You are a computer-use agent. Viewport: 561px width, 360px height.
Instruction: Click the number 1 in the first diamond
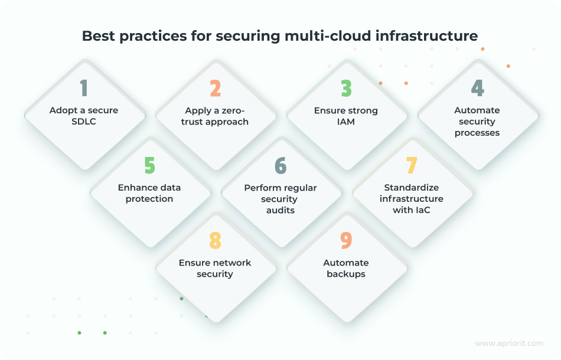click(84, 88)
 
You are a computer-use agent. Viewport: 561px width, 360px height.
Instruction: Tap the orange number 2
click(215, 88)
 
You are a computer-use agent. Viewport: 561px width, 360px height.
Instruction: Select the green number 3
click(346, 88)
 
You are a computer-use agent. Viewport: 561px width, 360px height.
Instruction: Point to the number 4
click(477, 88)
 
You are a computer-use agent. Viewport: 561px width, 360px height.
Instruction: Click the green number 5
click(149, 165)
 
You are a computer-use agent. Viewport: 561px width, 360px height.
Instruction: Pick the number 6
click(280, 165)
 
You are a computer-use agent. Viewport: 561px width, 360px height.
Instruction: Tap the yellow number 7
click(412, 165)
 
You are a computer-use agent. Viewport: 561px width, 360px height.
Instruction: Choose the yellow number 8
click(215, 240)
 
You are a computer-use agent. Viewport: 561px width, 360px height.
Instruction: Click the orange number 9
click(346, 240)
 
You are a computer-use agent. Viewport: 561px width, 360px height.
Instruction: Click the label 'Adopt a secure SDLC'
click(84, 116)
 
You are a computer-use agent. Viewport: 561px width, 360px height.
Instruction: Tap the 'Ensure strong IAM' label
click(346, 116)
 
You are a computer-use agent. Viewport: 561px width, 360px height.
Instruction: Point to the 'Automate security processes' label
click(477, 122)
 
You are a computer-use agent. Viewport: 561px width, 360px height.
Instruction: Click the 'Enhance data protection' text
click(149, 193)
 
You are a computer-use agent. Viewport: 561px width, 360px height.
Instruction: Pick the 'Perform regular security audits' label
click(280, 199)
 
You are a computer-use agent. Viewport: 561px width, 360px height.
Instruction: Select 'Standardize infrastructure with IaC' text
click(412, 199)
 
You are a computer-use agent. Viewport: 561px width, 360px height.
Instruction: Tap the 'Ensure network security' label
click(215, 268)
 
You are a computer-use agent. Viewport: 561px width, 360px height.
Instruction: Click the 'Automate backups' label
click(346, 268)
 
